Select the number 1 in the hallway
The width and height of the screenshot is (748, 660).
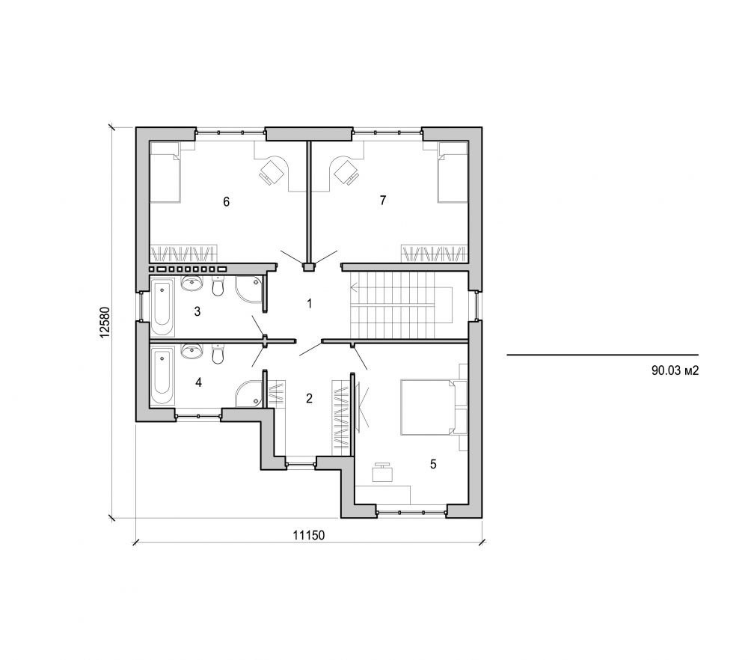pos(308,303)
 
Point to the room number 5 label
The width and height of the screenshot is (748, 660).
pos(432,464)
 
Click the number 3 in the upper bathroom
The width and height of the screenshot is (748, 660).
pos(197,311)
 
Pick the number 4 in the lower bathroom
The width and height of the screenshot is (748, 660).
pos(198,382)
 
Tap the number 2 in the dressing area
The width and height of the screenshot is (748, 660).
pos(309,397)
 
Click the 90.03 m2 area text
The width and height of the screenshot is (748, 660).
pos(675,370)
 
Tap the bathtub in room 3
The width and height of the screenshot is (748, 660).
pos(162,307)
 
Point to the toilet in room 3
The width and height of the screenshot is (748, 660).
pos(218,287)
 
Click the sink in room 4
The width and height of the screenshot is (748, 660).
pos(192,351)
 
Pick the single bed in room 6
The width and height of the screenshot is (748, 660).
pos(165,173)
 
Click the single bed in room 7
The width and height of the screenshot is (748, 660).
pos(453,173)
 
